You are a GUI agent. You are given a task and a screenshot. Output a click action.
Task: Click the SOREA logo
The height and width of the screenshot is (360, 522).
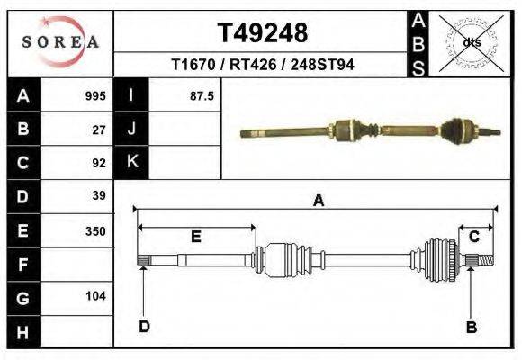tap(59, 41)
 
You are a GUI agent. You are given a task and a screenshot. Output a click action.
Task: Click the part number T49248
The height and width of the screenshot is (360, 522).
tap(263, 33)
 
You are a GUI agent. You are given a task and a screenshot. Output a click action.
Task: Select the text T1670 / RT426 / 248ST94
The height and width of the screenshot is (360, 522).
tap(262, 66)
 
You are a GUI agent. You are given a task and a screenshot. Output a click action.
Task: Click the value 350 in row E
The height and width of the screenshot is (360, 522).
tap(95, 230)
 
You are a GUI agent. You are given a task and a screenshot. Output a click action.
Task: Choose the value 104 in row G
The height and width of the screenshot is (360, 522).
tap(95, 296)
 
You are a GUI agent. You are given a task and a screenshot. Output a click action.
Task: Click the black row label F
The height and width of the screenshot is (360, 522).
tap(22, 264)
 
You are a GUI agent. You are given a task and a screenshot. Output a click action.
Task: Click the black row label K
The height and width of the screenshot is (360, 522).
tap(131, 163)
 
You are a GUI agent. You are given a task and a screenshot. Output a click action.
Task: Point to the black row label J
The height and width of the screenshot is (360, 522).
tap(131, 130)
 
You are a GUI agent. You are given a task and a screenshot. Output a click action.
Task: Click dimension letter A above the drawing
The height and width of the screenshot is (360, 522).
tap(318, 202)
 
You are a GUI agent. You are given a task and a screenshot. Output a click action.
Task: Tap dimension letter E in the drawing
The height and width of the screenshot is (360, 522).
tap(195, 237)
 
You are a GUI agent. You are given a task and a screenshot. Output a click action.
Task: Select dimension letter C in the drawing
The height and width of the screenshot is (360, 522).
tap(473, 237)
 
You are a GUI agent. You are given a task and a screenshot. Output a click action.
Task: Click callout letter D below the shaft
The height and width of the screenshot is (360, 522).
tap(144, 327)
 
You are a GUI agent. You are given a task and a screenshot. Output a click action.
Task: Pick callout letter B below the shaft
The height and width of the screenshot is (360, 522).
tap(471, 327)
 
